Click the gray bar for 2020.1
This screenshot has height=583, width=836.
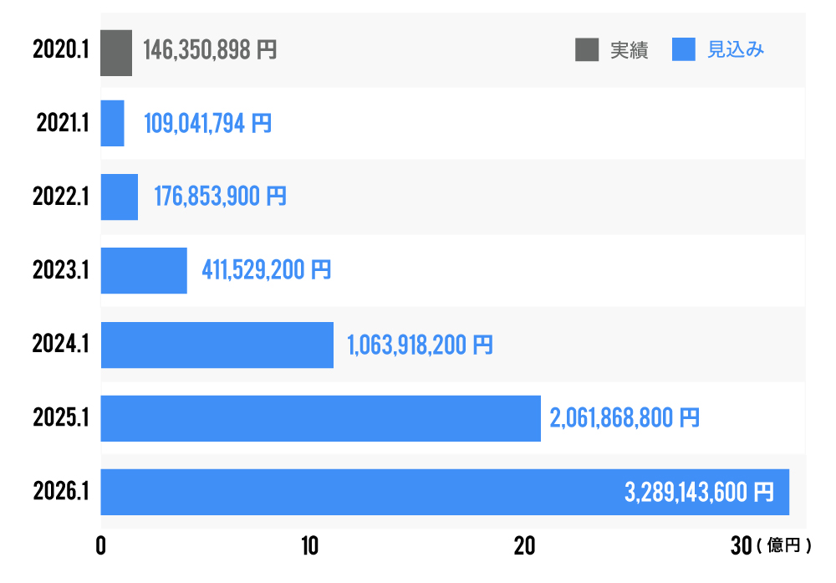(116, 53)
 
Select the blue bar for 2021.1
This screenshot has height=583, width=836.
(113, 124)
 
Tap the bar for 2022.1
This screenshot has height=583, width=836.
(120, 197)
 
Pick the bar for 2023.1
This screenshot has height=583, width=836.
(144, 270)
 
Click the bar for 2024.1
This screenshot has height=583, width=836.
(217, 344)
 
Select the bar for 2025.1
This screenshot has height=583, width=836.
(321, 417)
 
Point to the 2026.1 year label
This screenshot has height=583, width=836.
(61, 491)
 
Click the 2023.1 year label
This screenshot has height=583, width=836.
(61, 270)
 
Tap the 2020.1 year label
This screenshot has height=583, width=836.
(61, 50)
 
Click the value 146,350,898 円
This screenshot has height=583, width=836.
(210, 50)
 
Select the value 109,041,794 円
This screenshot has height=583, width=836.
(208, 124)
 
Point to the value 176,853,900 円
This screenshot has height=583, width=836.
(220, 197)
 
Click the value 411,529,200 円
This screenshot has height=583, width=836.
(267, 270)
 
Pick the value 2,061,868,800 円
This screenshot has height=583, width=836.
(624, 417)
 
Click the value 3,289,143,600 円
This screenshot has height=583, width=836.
(699, 492)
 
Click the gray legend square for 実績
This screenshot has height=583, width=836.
(587, 50)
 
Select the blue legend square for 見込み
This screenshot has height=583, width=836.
(684, 50)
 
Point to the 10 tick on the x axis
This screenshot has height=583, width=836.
(310, 546)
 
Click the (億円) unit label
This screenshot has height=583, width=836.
(783, 546)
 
